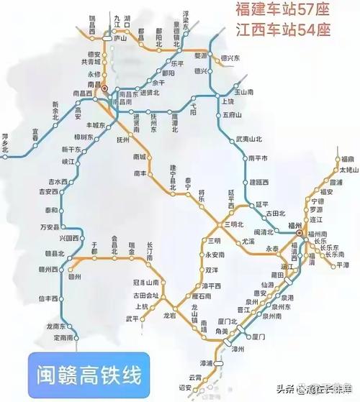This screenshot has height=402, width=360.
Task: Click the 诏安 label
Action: (185, 386)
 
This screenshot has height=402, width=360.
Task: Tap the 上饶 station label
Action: (230, 101)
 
